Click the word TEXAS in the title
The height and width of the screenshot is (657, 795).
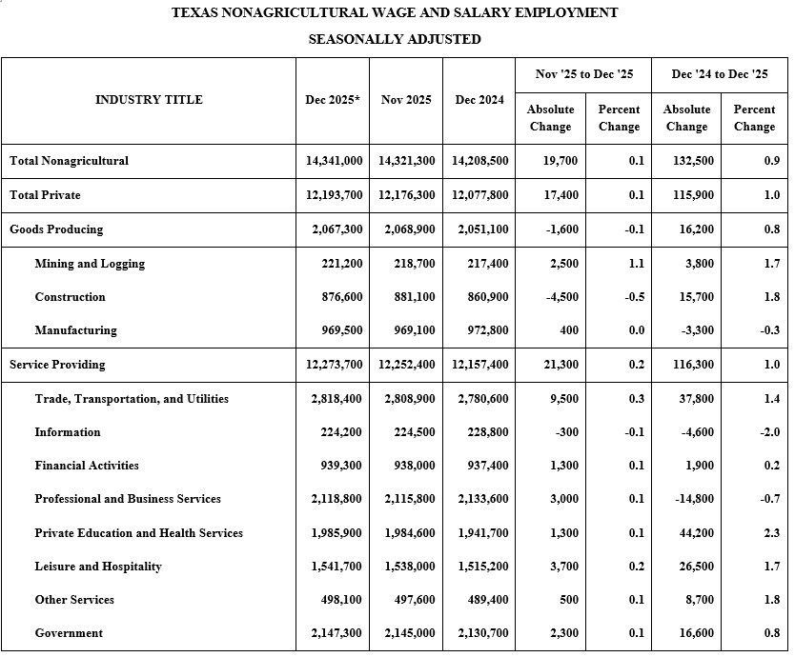pos(195,12)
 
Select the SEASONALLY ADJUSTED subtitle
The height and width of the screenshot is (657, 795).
pos(395,39)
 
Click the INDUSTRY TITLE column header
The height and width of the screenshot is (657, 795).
pos(149,100)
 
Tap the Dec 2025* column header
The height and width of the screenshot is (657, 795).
pos(333,100)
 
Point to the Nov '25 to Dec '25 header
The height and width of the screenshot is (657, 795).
pos(584,74)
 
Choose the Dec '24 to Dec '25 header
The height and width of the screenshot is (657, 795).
pos(720,74)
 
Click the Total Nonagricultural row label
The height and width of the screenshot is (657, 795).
pos(69,161)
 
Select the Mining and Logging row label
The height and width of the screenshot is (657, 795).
pos(90,264)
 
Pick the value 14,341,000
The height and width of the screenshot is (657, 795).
pos(335,161)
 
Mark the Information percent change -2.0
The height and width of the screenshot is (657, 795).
pos(770,432)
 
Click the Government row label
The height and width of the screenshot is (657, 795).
pos(69,633)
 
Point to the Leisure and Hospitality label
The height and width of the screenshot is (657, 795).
pos(98,567)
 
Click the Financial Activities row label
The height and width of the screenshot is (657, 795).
pos(87,466)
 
